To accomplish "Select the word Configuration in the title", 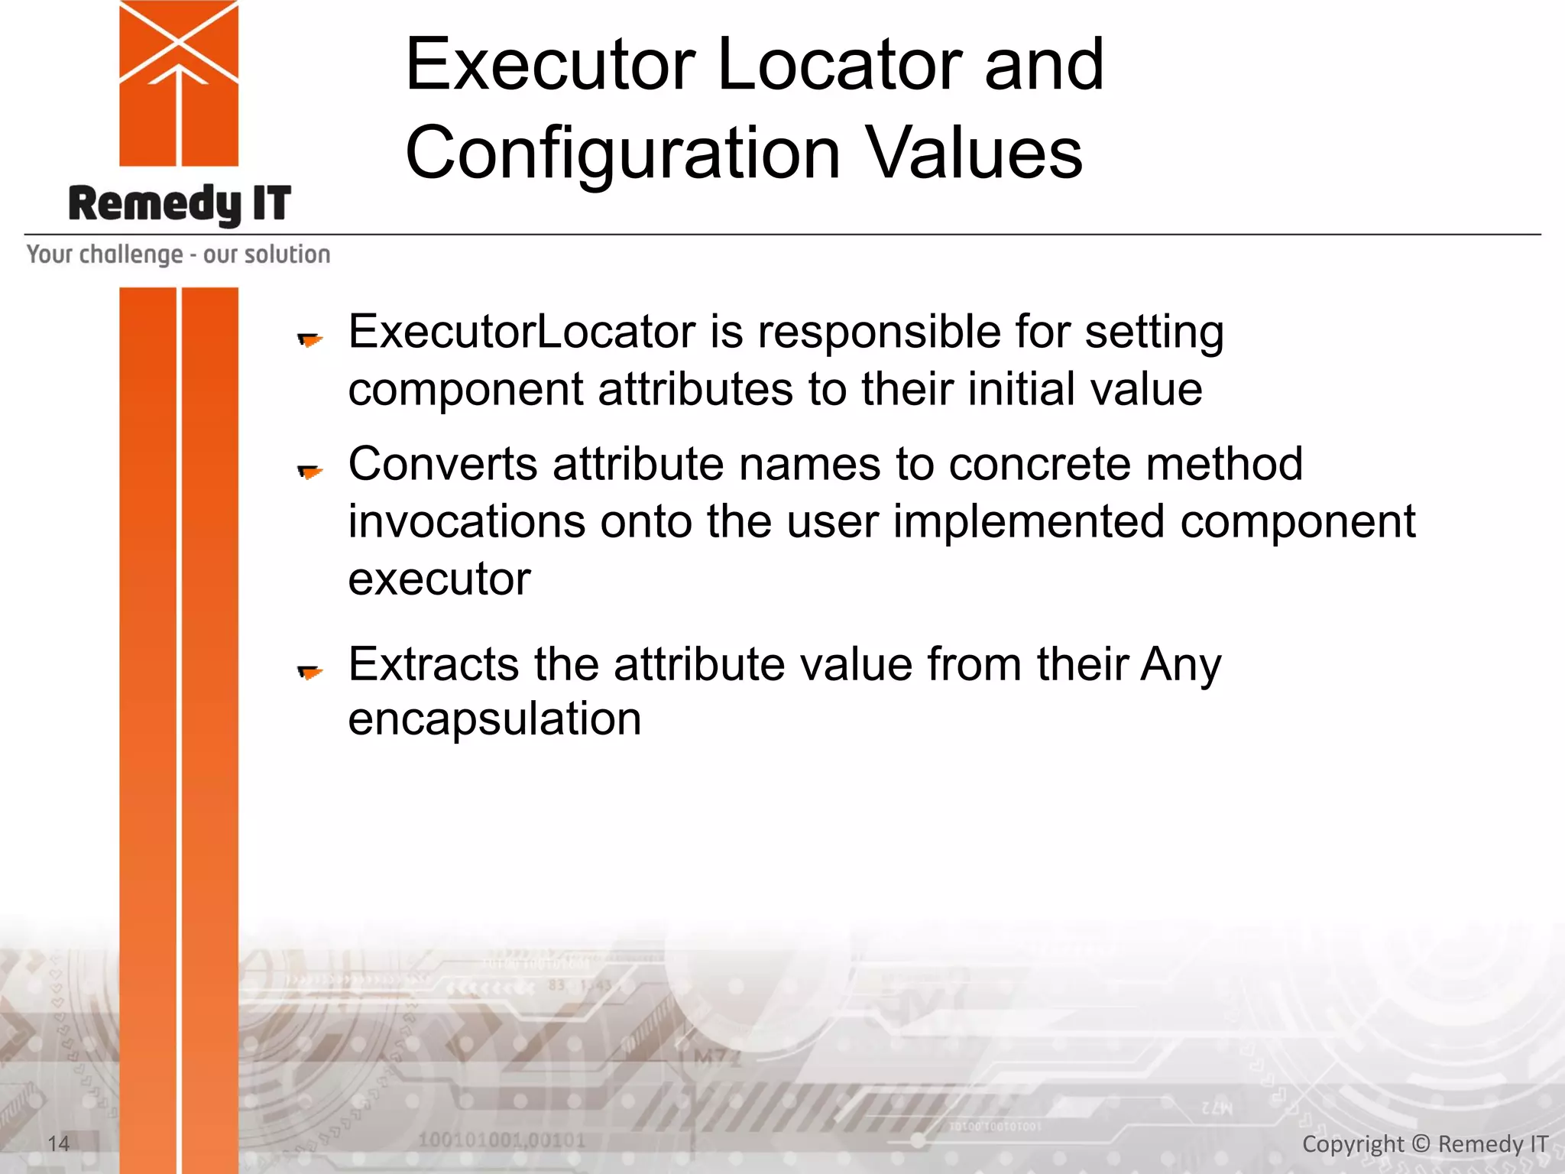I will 623,153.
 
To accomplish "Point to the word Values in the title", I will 974,153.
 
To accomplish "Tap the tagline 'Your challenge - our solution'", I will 179,254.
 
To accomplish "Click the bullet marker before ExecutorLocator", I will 309,339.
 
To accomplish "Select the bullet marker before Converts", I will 309,472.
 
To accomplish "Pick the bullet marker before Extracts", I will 309,672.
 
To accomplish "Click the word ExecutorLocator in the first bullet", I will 522,332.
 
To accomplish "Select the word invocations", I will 466,521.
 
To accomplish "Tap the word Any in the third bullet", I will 1181,665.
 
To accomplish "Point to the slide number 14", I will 59,1143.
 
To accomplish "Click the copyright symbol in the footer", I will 1421,1143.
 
